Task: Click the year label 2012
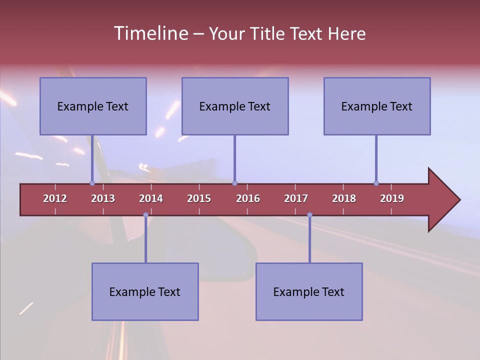55,198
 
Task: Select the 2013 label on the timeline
103,198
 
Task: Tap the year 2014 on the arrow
151,198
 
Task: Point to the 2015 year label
199,198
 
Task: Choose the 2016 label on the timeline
248,198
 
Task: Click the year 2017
296,198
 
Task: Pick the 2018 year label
344,198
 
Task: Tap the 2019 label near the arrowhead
392,198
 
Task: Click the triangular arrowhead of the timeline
442,200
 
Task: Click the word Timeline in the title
150,33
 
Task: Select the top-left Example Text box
93,106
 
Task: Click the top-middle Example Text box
235,106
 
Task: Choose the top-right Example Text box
377,106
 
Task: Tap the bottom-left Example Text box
145,291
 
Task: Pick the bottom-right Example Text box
309,291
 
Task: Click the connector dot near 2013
92,183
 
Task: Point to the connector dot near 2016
234,183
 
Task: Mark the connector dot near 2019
376,183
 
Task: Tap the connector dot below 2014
145,215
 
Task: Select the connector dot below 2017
309,215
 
